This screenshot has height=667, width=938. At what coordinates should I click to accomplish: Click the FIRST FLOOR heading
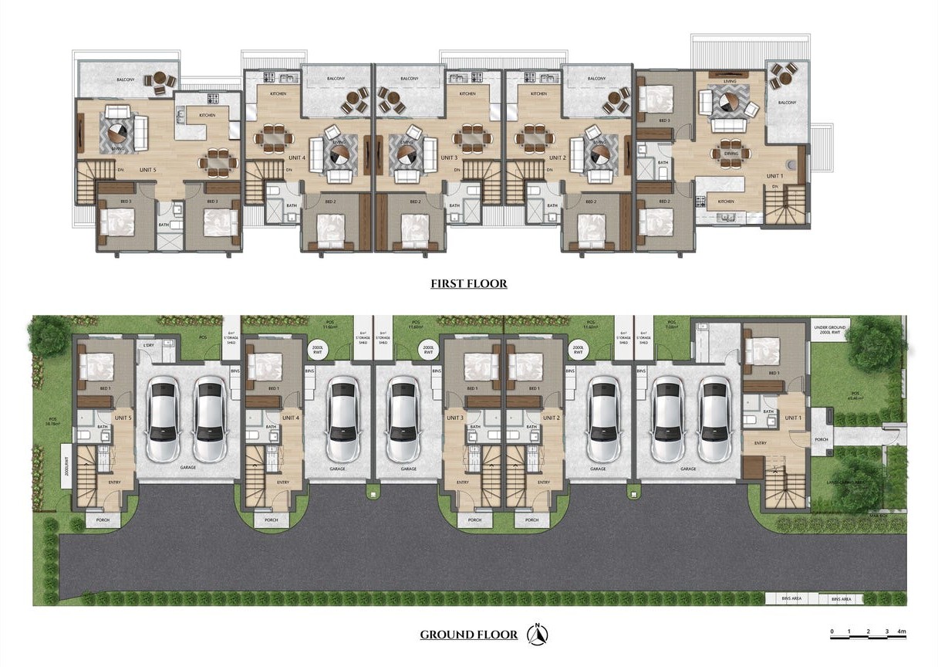[x=469, y=284]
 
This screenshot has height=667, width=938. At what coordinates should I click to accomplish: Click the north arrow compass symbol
[x=538, y=634]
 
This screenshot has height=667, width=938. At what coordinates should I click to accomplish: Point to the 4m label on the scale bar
[x=901, y=632]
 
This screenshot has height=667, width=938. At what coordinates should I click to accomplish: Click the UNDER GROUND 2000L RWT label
[x=830, y=330]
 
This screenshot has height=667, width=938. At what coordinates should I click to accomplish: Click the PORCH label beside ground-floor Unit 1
[x=821, y=441]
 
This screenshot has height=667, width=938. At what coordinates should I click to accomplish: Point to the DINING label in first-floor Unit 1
[x=730, y=154]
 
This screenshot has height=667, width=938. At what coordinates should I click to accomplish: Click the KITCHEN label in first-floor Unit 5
[x=207, y=116]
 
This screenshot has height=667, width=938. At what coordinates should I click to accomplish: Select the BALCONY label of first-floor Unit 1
[x=786, y=102]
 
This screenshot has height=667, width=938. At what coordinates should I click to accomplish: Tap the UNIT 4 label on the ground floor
[x=290, y=418]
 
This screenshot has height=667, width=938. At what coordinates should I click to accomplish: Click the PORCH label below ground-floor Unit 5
[x=103, y=520]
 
